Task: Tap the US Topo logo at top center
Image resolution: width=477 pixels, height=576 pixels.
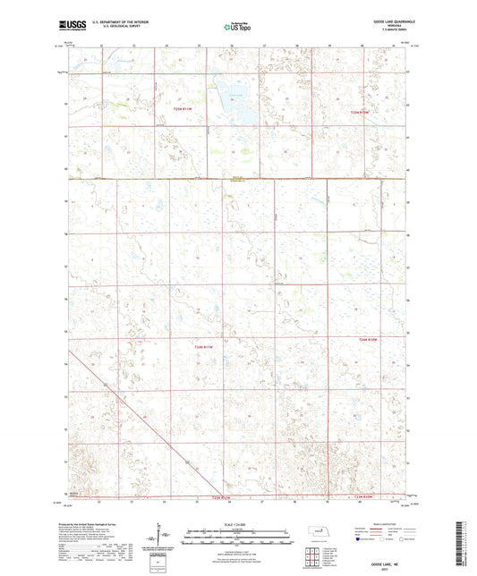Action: click(237, 28)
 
